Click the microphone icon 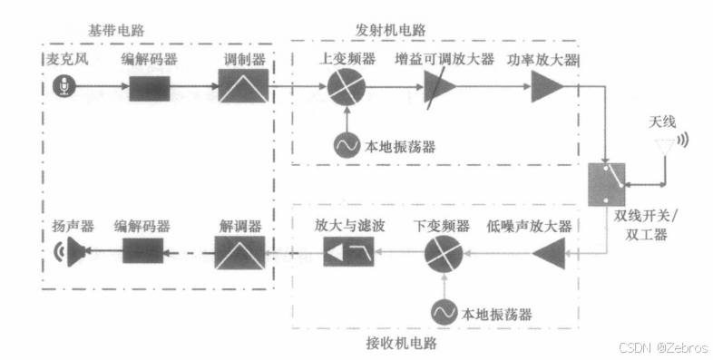tap(63, 88)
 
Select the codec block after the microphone tap(150, 88)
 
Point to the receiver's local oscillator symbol tap(444, 313)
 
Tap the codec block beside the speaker tap(142, 251)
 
